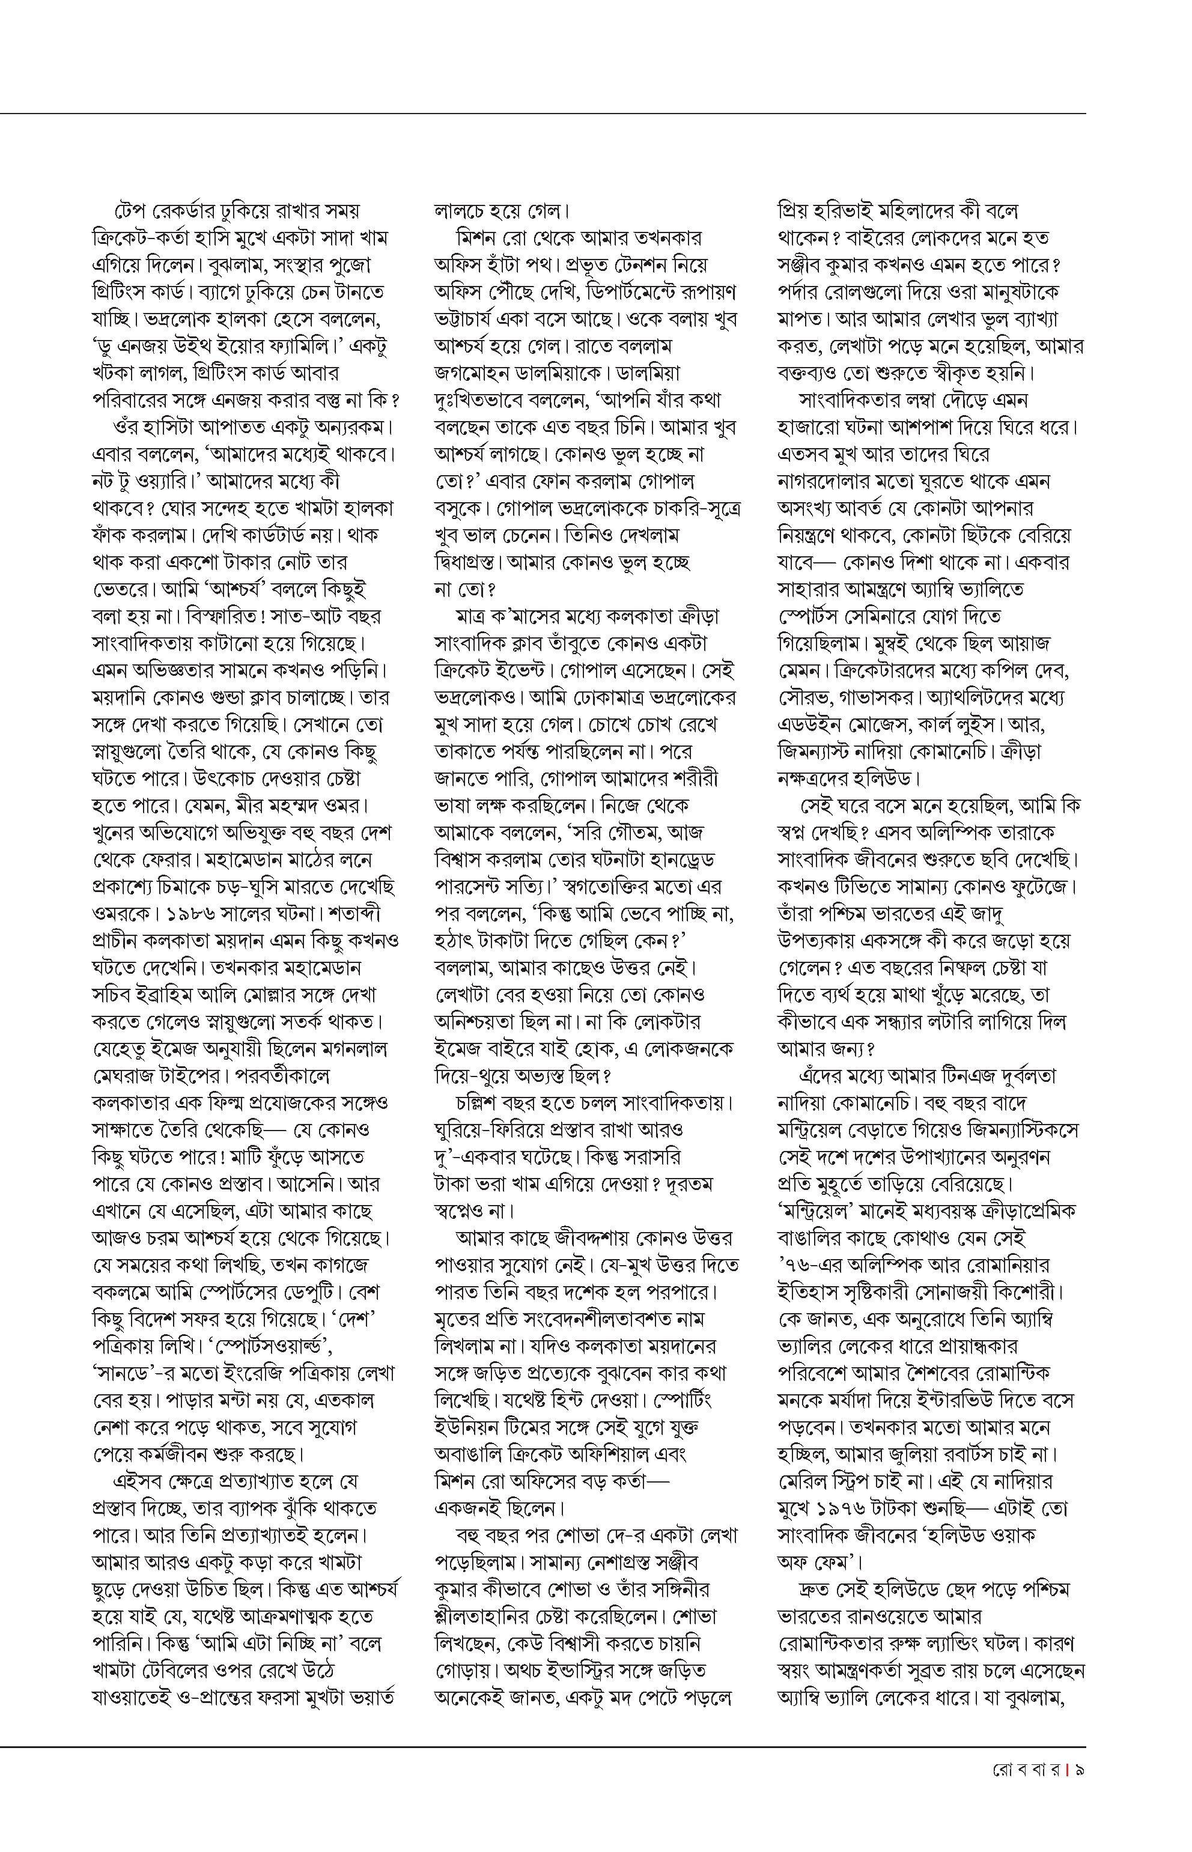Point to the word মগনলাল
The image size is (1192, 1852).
coord(348,1049)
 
